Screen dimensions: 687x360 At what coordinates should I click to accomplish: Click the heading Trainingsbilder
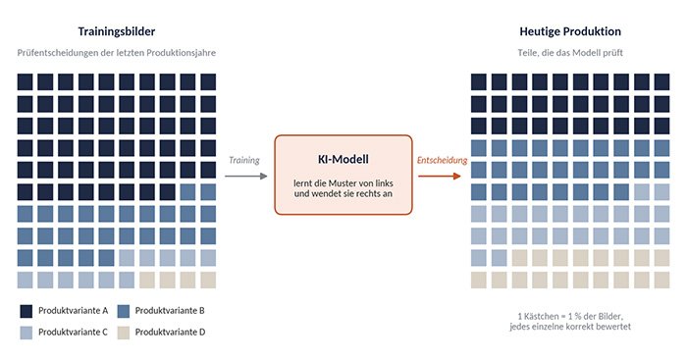pos(117,31)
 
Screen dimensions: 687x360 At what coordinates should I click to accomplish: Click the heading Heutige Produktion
pos(570,31)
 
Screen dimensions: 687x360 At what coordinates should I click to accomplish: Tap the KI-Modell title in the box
pos(343,159)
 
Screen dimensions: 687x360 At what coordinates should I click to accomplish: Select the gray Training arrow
pos(245,176)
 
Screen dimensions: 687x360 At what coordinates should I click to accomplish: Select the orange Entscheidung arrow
pos(440,176)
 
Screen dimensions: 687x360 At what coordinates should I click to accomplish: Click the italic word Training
pos(244,160)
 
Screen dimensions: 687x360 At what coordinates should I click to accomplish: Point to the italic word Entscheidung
pos(442,160)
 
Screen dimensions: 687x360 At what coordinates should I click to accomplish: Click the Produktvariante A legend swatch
pos(26,311)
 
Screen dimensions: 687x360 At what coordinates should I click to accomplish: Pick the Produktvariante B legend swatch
pos(123,311)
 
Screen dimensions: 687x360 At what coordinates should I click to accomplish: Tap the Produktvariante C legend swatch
pos(26,333)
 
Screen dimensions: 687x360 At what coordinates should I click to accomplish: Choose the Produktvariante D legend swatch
pos(123,333)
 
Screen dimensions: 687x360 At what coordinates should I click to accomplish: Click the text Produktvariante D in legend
pos(170,332)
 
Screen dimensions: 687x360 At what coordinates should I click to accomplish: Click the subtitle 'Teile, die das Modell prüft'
pos(570,53)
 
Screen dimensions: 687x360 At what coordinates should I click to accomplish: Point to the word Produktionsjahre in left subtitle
pos(181,53)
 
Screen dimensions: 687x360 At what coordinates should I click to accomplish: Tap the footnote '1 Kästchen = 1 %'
pos(549,316)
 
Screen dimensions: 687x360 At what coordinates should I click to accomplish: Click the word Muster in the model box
pos(342,183)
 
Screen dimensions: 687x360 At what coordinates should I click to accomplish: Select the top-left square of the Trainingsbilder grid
pos(25,81)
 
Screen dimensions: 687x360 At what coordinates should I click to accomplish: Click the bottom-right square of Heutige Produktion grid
pos(661,280)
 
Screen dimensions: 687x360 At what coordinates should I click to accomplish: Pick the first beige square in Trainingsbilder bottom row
pos(147,280)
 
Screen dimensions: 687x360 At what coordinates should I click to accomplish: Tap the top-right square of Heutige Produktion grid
pos(661,81)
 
